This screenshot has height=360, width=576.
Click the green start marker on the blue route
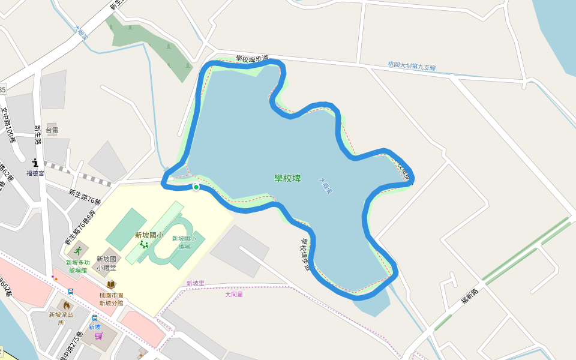click(196, 188)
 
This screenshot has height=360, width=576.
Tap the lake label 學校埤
click(287, 178)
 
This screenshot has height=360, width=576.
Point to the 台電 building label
click(52, 130)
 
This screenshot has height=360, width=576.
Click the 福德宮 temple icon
click(35, 163)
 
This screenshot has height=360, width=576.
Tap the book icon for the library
click(111, 284)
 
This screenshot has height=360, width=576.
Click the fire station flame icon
click(66, 305)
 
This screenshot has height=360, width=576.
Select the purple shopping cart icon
click(98, 336)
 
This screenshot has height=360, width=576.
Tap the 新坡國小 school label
click(148, 235)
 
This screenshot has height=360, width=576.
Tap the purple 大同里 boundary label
click(234, 295)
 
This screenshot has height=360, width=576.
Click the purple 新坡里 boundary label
click(195, 283)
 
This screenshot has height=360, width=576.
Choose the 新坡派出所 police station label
click(61, 318)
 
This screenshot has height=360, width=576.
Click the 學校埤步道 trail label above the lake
click(251, 59)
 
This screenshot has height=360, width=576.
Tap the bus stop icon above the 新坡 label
click(94, 317)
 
